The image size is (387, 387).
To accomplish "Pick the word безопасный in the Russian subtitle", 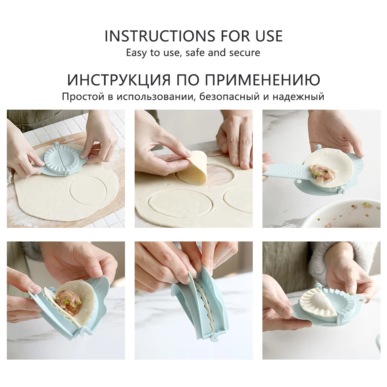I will click(x=234, y=97).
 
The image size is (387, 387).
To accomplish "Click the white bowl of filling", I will click(x=343, y=214).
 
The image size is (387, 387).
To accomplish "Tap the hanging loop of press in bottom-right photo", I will click(x=361, y=298).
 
